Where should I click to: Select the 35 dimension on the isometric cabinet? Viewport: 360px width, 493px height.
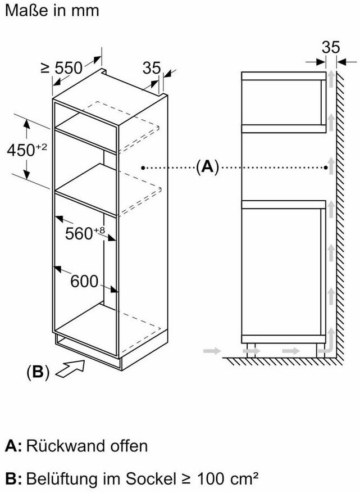pos(152,69)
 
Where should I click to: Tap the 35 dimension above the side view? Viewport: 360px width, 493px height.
pos(331,47)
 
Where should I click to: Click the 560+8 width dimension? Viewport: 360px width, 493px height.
pos(86,232)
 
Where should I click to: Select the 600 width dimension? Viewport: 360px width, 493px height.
pos(84,281)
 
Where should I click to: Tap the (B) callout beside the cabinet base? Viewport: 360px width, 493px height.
pos(38,372)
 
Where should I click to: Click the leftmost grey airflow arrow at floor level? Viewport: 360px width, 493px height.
pos(210,350)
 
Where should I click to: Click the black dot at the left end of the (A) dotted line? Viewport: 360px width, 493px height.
pos(144,167)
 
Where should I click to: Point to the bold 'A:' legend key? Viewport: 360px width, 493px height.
pos(13,446)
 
